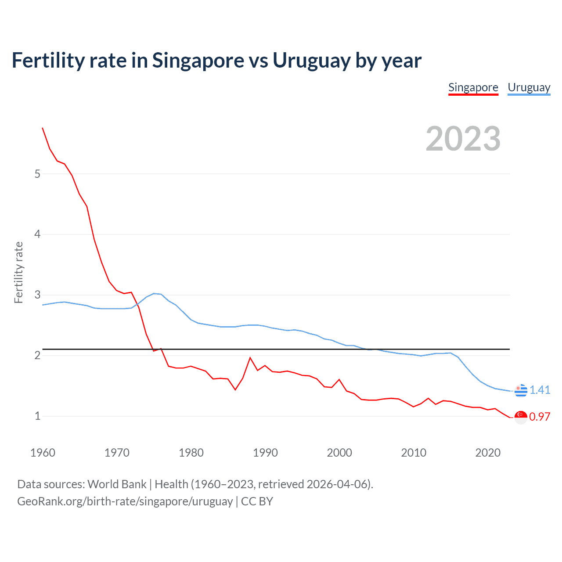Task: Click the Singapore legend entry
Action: click(x=473, y=87)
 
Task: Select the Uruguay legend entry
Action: click(x=529, y=87)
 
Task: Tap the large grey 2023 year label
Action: click(x=463, y=139)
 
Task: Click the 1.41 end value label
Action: click(x=540, y=390)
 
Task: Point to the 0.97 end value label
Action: click(x=540, y=417)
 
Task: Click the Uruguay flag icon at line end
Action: click(x=521, y=390)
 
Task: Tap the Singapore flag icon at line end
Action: click(x=521, y=417)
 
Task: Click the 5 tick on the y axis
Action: click(x=37, y=174)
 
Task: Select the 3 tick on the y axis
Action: click(x=37, y=295)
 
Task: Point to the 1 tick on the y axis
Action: click(x=37, y=416)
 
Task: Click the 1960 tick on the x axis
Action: click(x=43, y=453)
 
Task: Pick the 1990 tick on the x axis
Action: click(x=265, y=453)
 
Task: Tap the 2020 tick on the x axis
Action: click(x=488, y=453)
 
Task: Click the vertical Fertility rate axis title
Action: click(x=18, y=272)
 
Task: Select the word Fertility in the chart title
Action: click(x=48, y=61)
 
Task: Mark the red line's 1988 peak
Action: click(x=250, y=357)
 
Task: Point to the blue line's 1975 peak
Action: click(x=154, y=293)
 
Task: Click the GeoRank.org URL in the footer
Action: click(x=125, y=501)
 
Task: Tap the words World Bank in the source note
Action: click(x=117, y=484)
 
